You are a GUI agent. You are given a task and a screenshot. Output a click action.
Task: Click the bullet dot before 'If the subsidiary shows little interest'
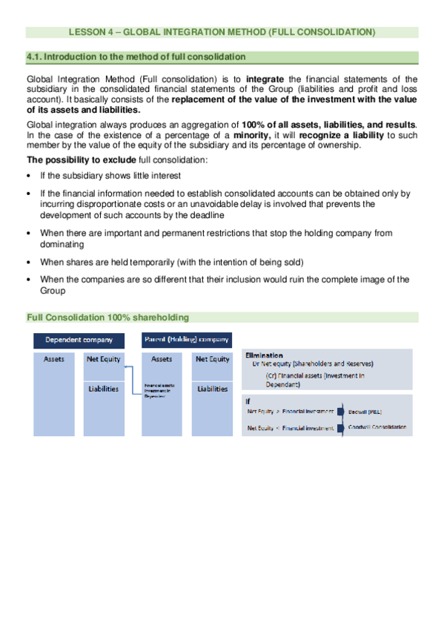[28, 176]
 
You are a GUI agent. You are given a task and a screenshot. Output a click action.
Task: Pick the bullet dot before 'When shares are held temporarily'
[28, 262]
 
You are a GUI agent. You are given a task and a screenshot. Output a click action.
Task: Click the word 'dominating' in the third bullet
[62, 243]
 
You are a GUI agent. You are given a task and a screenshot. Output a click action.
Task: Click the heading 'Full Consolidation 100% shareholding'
[107, 317]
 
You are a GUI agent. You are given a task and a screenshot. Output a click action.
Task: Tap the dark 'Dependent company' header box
[79, 340]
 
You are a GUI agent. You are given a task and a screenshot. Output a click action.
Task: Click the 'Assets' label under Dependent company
[54, 359]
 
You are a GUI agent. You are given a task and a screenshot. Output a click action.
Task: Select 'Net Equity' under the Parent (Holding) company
[212, 359]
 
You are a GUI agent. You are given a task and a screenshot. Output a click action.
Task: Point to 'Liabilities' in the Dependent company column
[103, 389]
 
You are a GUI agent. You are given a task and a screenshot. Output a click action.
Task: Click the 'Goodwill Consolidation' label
[377, 428]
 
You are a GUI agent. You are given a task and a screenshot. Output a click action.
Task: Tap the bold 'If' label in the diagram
[248, 401]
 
